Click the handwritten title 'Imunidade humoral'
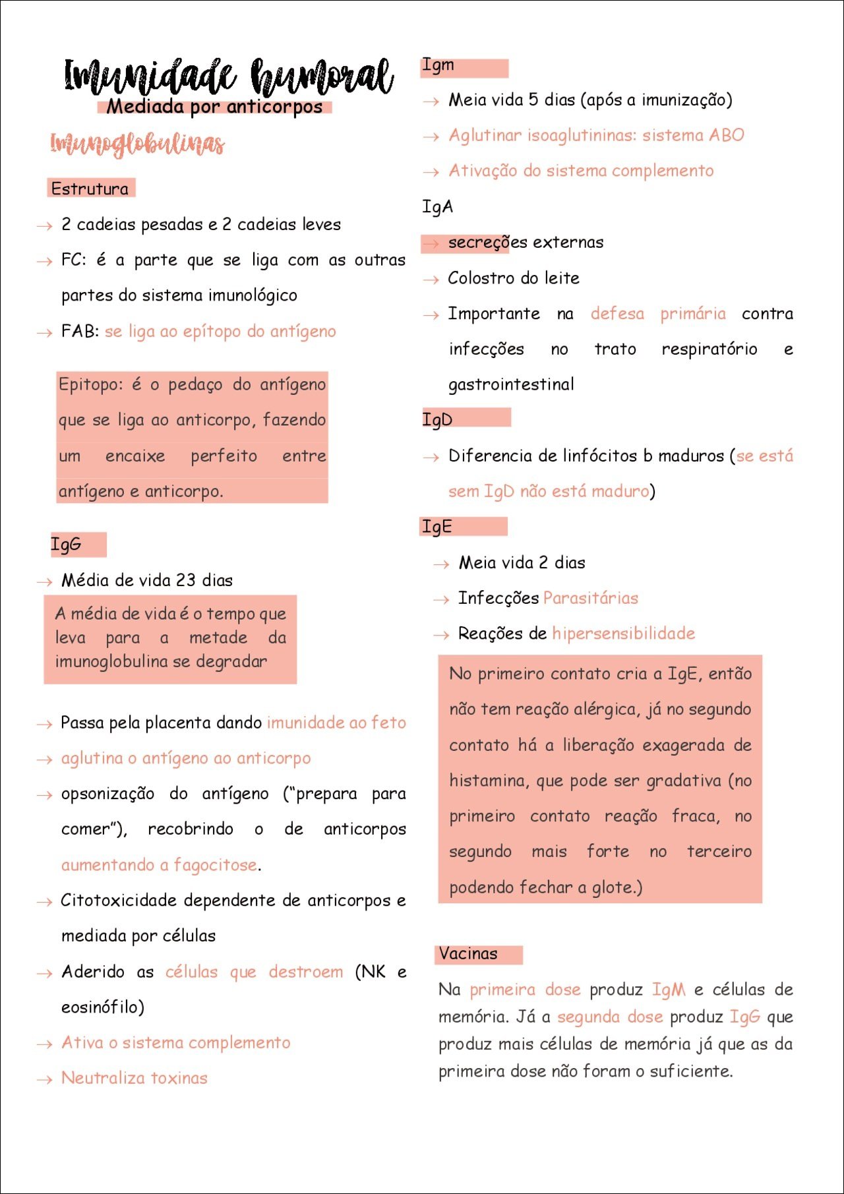click(x=229, y=76)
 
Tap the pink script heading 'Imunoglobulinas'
click(x=137, y=144)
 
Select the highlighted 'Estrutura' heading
click(x=90, y=189)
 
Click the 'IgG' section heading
click(x=67, y=545)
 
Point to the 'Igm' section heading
click(x=438, y=65)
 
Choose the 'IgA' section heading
click(x=438, y=207)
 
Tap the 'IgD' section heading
click(x=438, y=419)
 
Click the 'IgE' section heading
click(x=437, y=527)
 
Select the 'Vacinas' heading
click(x=468, y=953)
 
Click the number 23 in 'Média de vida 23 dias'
click(x=185, y=580)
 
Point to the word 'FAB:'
click(x=80, y=331)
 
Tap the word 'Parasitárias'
click(x=591, y=598)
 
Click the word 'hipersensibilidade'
click(x=624, y=634)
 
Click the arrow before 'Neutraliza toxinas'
click(x=44, y=1079)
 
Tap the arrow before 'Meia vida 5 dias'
click(x=431, y=102)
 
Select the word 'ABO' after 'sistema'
click(x=727, y=135)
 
